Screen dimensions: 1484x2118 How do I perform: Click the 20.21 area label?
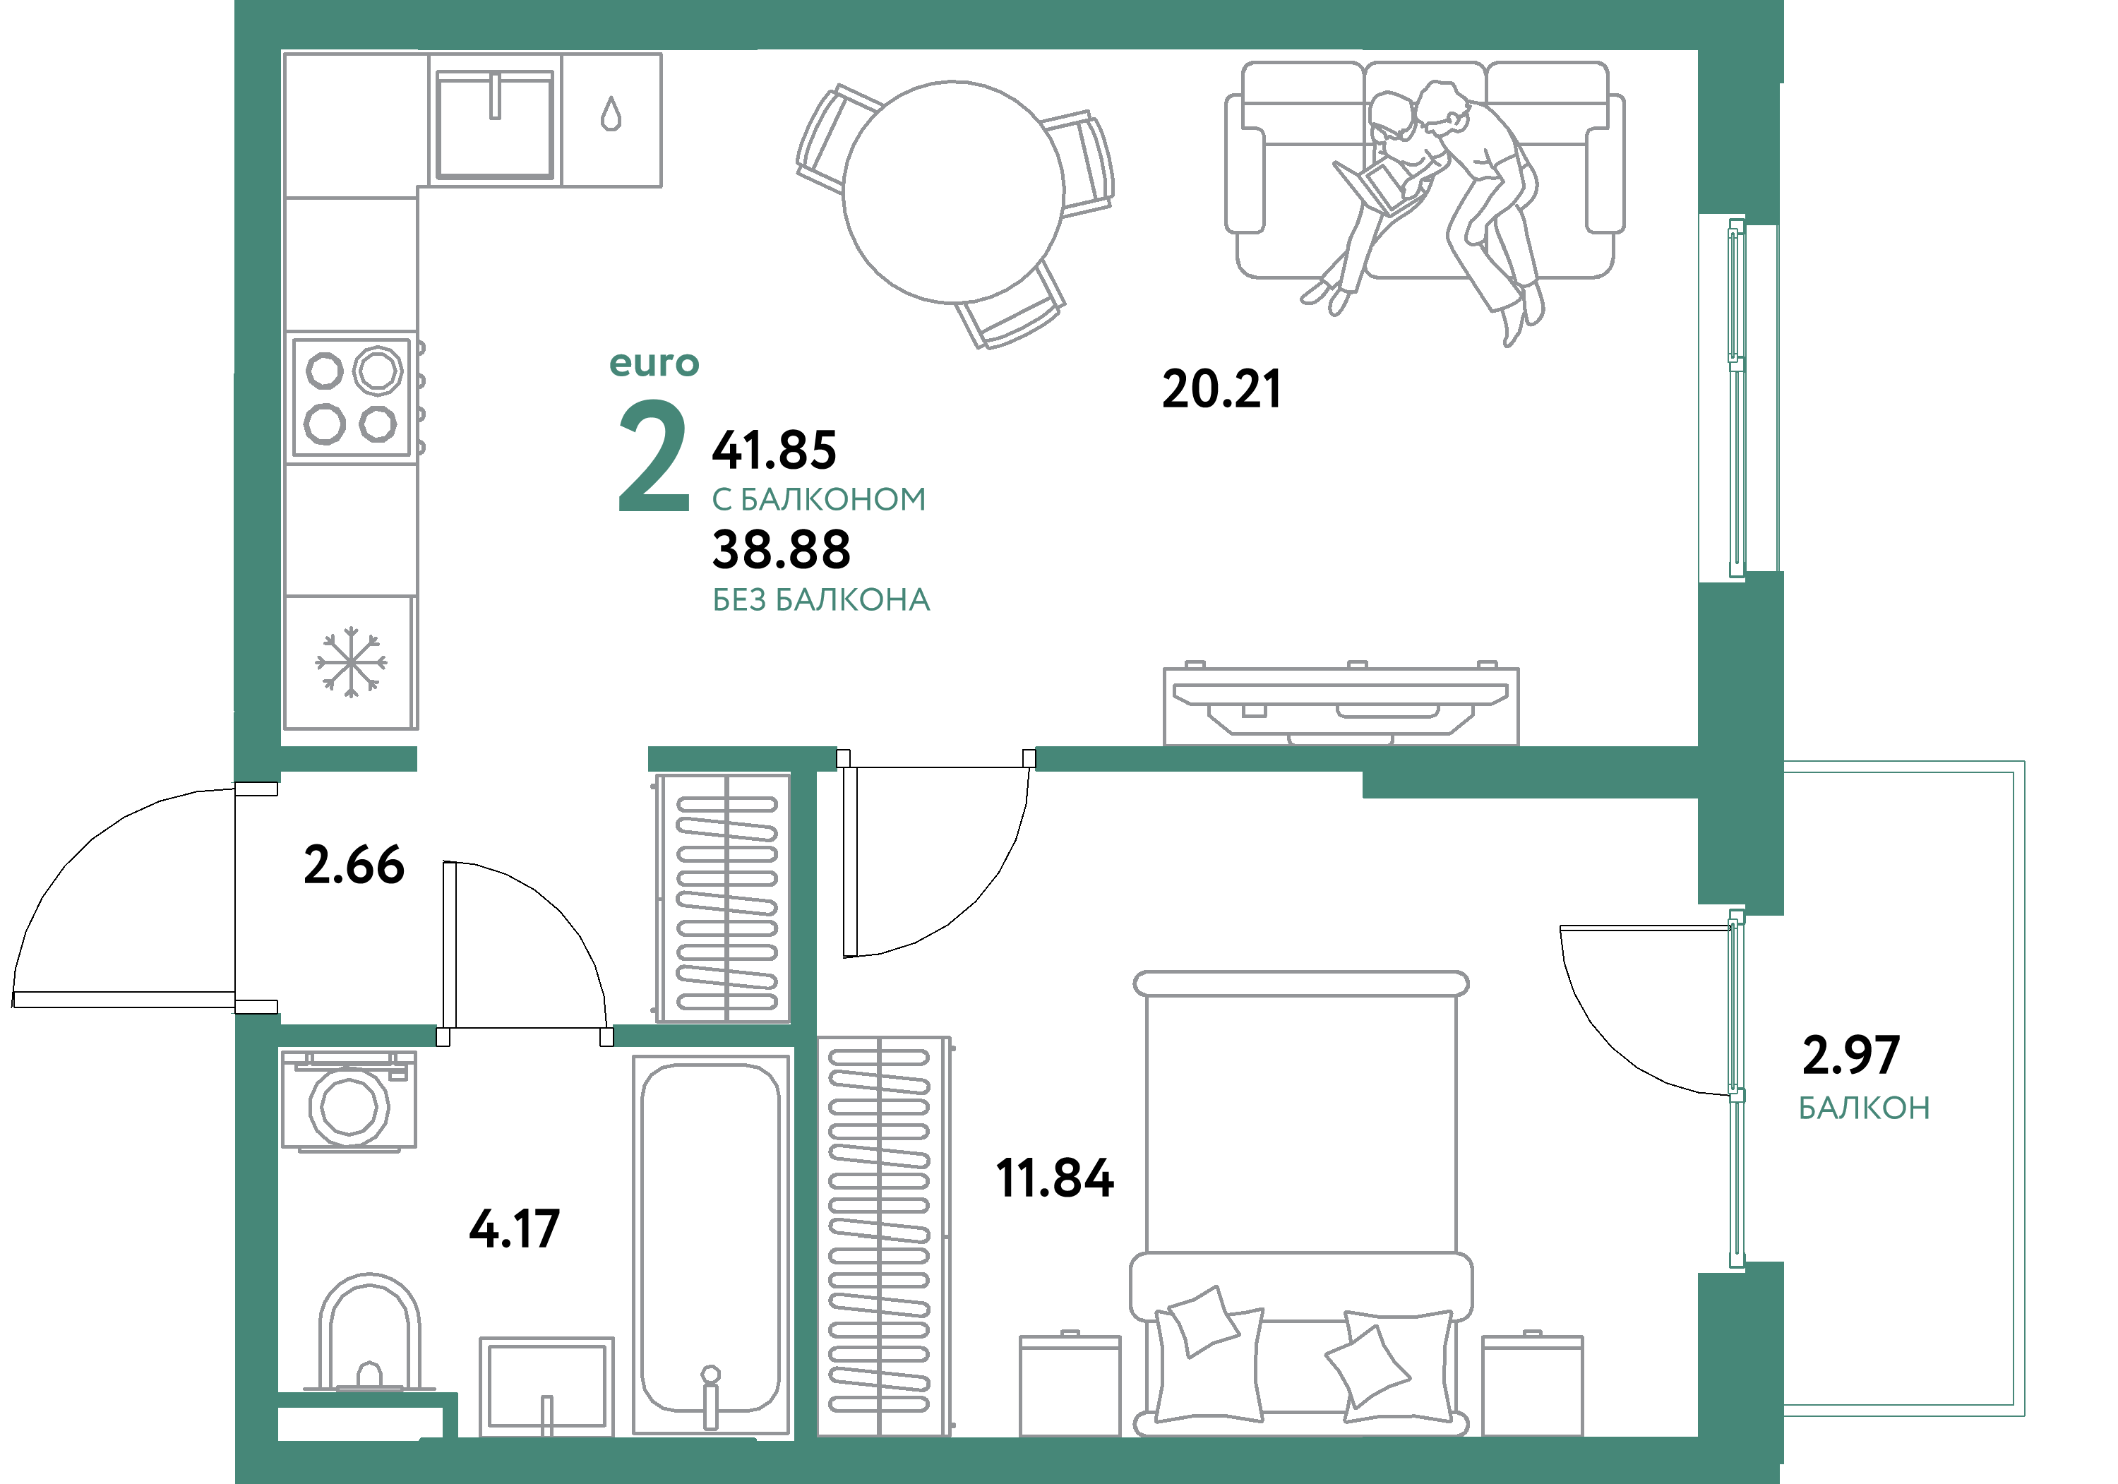[x=1221, y=389]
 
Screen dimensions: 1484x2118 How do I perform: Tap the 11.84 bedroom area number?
[x=1054, y=1179]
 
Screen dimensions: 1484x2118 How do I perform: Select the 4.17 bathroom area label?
[x=514, y=1228]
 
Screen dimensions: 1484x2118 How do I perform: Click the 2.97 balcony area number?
[x=1850, y=1055]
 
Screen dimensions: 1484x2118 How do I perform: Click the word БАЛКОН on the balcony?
[x=1863, y=1108]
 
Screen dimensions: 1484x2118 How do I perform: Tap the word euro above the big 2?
[x=654, y=364]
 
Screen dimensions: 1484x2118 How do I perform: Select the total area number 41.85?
[x=774, y=450]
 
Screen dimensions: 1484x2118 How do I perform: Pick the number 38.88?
[x=780, y=550]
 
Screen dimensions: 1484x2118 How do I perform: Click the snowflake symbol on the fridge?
[x=351, y=662]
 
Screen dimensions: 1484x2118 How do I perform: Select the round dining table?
[x=953, y=192]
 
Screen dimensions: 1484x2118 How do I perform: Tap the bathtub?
[x=710, y=1245]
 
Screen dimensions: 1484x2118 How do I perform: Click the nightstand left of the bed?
[x=1069, y=1384]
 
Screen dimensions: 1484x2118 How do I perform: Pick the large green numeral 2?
[x=653, y=457]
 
